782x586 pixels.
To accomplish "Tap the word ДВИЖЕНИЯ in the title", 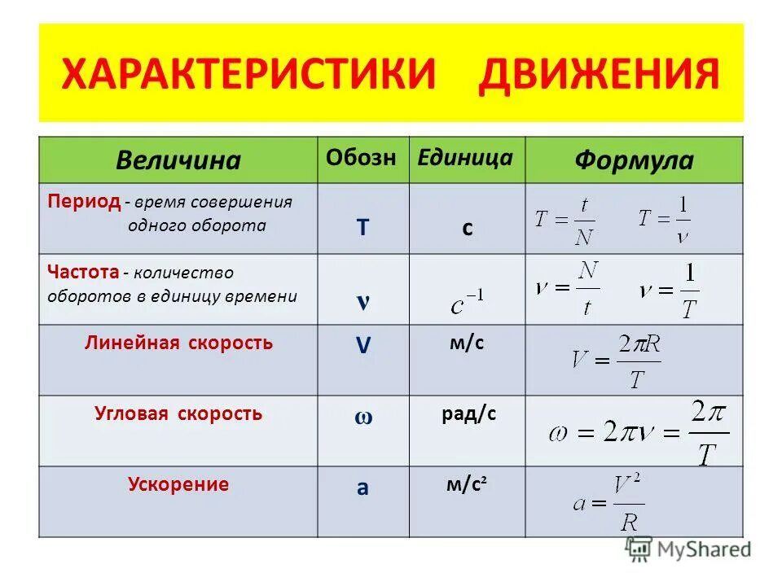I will click(x=599, y=74).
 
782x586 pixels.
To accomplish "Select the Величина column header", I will click(x=178, y=160).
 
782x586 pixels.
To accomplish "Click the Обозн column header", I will click(x=362, y=158).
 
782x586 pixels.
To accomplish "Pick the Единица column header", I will click(x=465, y=158).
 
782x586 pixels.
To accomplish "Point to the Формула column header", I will click(x=634, y=160).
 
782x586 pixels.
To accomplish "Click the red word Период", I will click(x=84, y=200).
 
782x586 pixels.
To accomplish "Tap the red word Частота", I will click(x=84, y=272).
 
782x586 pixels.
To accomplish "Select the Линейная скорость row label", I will click(x=178, y=343).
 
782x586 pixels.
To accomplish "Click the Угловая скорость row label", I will click(x=178, y=413).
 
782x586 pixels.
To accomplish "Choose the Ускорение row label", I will click(x=178, y=484).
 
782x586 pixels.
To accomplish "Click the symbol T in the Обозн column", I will click(x=362, y=229).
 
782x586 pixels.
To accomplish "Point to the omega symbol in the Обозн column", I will click(x=362, y=418).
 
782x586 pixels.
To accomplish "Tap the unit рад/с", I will click(x=468, y=414).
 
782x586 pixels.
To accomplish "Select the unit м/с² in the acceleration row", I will click(x=467, y=485).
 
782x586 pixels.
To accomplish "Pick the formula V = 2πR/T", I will click(x=616, y=361).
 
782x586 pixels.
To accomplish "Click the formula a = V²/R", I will click(x=607, y=503).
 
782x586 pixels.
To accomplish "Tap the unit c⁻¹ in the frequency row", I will click(x=467, y=304).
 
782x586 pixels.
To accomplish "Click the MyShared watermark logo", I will click(x=688, y=549).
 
